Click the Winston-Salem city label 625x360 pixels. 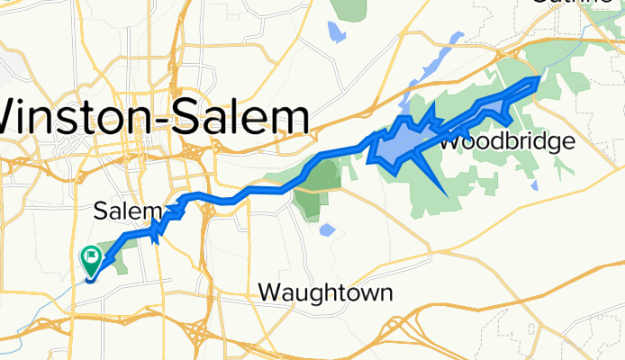pos(153,117)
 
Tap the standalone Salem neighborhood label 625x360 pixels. pos(127,211)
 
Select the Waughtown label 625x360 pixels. pos(325,292)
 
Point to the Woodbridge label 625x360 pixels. pos(507,141)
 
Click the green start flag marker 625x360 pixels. pos(91,259)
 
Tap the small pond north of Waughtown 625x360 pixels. pos(326,230)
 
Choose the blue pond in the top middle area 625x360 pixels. pos(336,33)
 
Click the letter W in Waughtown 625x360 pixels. pos(269,292)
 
